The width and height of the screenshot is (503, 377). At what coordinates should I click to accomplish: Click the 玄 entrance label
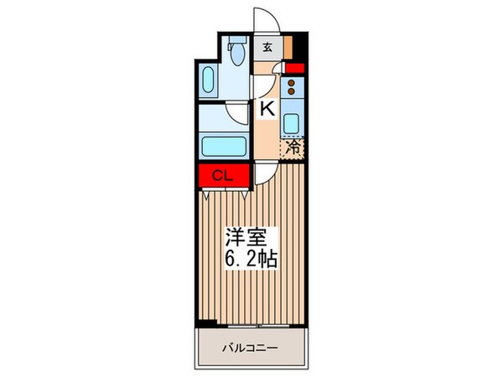(x=267, y=47)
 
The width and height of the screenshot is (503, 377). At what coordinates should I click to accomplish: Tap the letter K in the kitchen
(x=267, y=107)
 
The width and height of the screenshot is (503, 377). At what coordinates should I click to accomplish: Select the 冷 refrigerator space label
(x=293, y=147)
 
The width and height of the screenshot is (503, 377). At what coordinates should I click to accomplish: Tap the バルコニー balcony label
(x=249, y=346)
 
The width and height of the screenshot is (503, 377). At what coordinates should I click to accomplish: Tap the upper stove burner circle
(x=292, y=82)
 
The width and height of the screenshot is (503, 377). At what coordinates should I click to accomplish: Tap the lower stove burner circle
(x=292, y=92)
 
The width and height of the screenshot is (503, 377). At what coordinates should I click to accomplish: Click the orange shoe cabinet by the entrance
(x=287, y=47)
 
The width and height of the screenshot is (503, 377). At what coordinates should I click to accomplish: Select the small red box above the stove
(x=293, y=69)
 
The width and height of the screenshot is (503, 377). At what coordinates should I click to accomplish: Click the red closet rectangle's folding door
(x=223, y=193)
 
